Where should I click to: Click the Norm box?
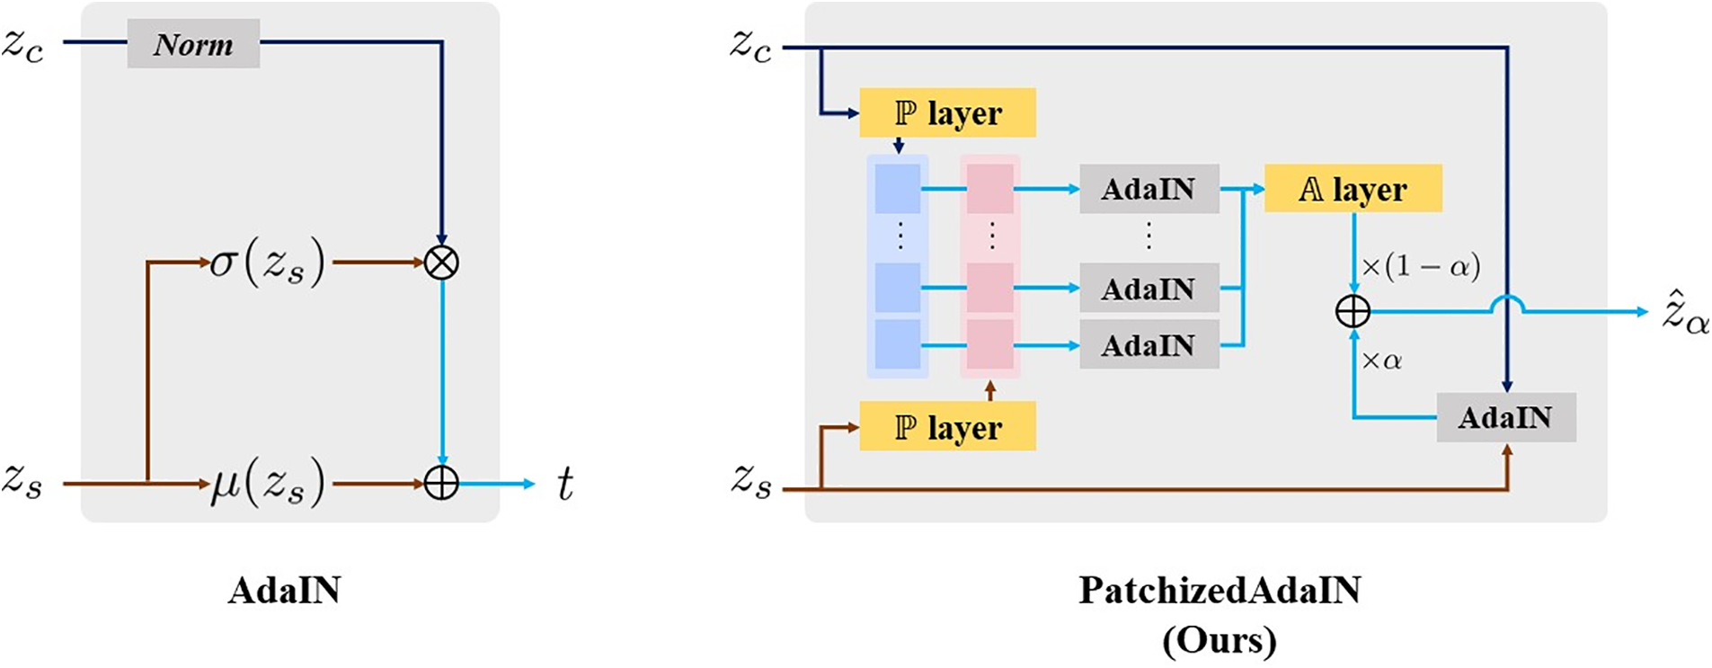point(193,43)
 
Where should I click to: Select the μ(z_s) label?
point(268,484)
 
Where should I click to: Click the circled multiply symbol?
point(441,263)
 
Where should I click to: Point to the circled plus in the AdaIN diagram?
point(441,484)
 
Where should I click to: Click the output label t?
point(564,484)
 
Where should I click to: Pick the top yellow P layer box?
point(947,112)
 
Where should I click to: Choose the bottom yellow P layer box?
point(947,426)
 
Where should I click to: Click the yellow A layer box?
point(1353,188)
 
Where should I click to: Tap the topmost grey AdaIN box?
point(1149,189)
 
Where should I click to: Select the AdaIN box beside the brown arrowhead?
point(1506,417)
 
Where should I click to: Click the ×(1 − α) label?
point(1421,266)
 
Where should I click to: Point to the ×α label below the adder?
point(1382,361)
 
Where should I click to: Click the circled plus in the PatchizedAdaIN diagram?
point(1353,312)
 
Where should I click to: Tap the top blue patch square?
point(898,189)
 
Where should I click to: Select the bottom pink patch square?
point(990,344)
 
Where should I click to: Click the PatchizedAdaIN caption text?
point(1220,590)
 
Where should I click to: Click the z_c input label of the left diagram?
point(22,45)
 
